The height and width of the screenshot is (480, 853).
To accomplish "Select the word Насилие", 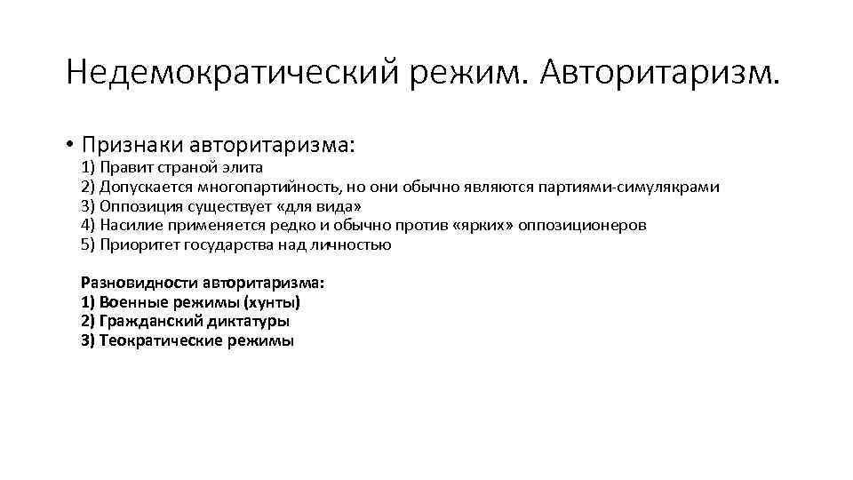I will pyautogui.click(x=132, y=225).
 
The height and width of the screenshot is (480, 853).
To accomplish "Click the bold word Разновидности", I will pyautogui.click(x=139, y=283).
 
